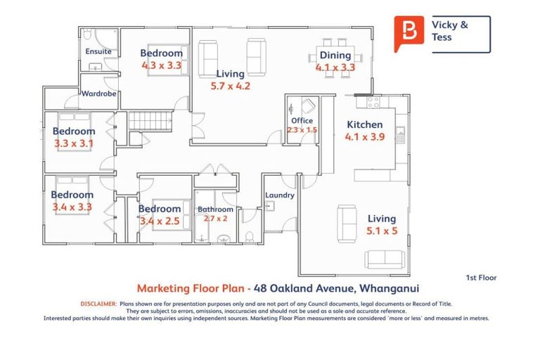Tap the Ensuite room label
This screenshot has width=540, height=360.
[98, 52]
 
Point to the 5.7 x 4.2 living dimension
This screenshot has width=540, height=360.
[230, 86]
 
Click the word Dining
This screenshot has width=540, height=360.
[335, 56]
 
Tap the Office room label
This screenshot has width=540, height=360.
[302, 121]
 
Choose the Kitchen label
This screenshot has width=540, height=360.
[365, 125]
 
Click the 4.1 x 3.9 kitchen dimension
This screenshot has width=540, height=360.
[365, 137]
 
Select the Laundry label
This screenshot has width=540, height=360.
[279, 195]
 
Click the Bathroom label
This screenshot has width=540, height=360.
[215, 210]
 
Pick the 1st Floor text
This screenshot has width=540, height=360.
[481, 278]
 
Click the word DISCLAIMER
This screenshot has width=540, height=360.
[98, 304]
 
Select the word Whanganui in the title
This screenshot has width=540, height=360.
[393, 288]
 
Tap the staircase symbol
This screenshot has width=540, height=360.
[152, 120]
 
